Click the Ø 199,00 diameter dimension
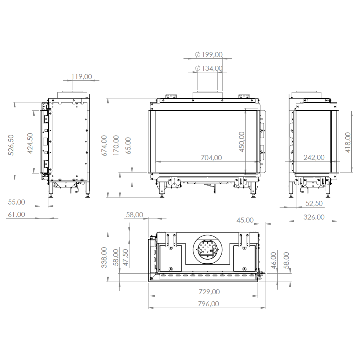(x=209, y=55)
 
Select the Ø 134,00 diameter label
(x=209, y=68)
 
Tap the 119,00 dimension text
(x=82, y=77)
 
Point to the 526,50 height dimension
(x=11, y=145)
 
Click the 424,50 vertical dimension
(x=30, y=143)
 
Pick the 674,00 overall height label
(x=104, y=145)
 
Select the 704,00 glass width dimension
(x=211, y=158)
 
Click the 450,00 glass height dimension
(x=242, y=142)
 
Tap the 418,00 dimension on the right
(x=348, y=142)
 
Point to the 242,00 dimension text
(x=314, y=157)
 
